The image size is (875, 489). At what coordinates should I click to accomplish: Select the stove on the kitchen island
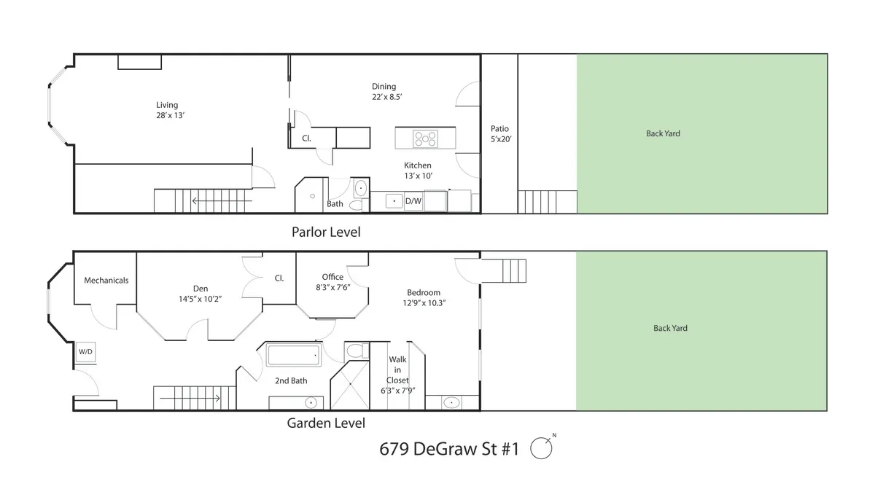click(x=424, y=137)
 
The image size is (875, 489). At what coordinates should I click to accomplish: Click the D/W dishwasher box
click(x=413, y=201)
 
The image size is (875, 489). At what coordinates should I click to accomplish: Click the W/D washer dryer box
click(x=85, y=352)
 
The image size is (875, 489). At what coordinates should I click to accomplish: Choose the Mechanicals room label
click(x=106, y=281)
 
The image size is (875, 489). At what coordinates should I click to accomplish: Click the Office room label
click(x=332, y=277)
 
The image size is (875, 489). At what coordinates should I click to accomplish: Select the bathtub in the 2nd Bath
click(x=293, y=356)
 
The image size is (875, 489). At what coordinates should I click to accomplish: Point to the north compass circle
click(x=540, y=447)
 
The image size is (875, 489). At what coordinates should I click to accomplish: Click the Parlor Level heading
click(x=326, y=232)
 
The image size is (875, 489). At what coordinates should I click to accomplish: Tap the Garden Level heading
click(x=326, y=423)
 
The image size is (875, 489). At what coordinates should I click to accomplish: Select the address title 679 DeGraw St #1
click(x=448, y=449)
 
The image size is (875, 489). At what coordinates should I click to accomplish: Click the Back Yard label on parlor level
click(x=663, y=133)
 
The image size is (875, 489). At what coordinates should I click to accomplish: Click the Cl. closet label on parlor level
click(x=307, y=138)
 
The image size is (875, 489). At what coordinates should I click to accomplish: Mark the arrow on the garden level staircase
click(x=191, y=399)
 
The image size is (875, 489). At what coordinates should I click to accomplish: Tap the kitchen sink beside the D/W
click(x=394, y=200)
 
